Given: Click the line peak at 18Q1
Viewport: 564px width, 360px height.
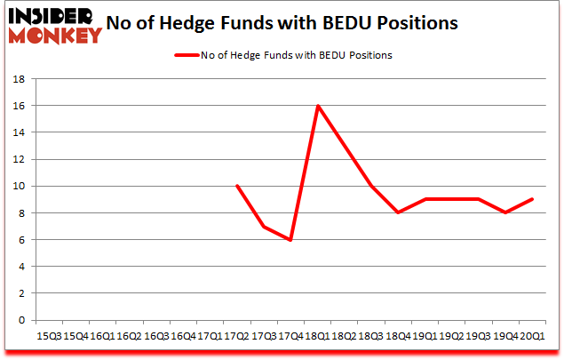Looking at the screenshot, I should pos(318,106).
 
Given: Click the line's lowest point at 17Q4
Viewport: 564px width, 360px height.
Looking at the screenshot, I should pos(291,240).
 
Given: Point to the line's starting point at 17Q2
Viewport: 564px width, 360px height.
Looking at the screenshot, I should pos(237,186).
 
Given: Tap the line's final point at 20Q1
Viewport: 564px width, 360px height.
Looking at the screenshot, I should pos(532,199).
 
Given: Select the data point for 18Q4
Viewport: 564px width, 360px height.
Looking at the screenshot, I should pos(398,212).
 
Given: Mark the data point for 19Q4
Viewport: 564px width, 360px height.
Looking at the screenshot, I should pos(505,212).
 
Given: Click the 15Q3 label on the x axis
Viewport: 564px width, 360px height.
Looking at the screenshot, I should pos(50,335).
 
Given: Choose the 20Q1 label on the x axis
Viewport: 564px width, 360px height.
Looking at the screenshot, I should pos(532,335).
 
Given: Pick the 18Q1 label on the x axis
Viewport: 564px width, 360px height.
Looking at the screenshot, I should pos(318,335).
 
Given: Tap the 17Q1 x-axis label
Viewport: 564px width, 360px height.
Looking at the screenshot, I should pos(211,335).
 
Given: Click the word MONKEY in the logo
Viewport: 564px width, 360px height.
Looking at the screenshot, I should pos(55,36).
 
